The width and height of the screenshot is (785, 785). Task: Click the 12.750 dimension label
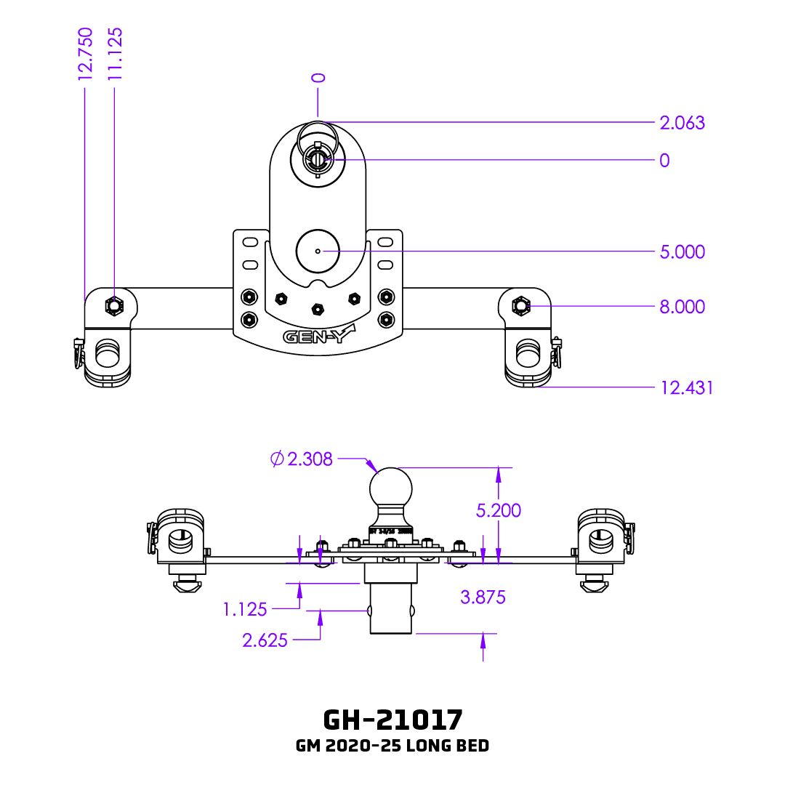point(86,53)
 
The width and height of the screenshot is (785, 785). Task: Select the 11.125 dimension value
point(114,53)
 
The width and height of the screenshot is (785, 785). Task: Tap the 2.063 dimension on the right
point(682,123)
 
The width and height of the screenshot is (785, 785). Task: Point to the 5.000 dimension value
point(682,251)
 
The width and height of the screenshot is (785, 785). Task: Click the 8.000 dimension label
point(682,307)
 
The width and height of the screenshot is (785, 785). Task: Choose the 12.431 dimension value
point(686,387)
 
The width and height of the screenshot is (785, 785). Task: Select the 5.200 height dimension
point(499,510)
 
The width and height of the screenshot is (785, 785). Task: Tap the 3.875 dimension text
point(483,597)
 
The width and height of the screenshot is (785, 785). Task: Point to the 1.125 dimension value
point(245,609)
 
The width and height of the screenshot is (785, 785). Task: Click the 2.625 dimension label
point(265,640)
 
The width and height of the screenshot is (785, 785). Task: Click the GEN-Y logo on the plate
point(318,337)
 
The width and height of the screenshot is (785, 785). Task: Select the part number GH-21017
point(392,720)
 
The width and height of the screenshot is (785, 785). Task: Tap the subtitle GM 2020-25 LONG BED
point(392,746)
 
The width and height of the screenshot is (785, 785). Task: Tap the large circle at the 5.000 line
point(318,251)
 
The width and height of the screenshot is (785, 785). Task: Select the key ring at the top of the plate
point(318,135)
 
